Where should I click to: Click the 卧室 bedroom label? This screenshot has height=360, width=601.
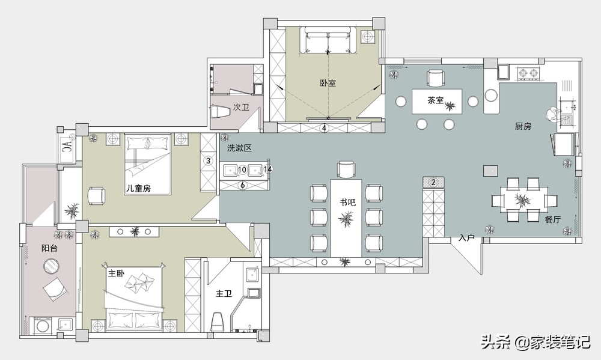(328, 83)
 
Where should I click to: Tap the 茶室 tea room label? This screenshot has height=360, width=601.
(435, 100)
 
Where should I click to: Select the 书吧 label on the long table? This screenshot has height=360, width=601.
(347, 202)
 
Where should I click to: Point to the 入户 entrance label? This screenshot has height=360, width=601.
(466, 238)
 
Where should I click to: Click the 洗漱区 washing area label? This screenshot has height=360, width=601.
(239, 148)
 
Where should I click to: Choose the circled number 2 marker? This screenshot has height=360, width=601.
(433, 183)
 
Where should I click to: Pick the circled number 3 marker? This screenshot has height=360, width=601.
(209, 160)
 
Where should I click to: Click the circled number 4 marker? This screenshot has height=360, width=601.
(325, 127)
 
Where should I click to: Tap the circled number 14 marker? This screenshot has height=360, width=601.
(268, 169)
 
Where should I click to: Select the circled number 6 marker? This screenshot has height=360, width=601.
(242, 185)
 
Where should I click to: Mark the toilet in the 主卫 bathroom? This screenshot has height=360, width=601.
(218, 322)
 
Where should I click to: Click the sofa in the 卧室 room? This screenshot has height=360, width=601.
(328, 40)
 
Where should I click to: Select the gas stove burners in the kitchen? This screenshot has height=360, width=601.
(528, 73)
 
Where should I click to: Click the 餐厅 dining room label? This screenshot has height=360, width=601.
(553, 220)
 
